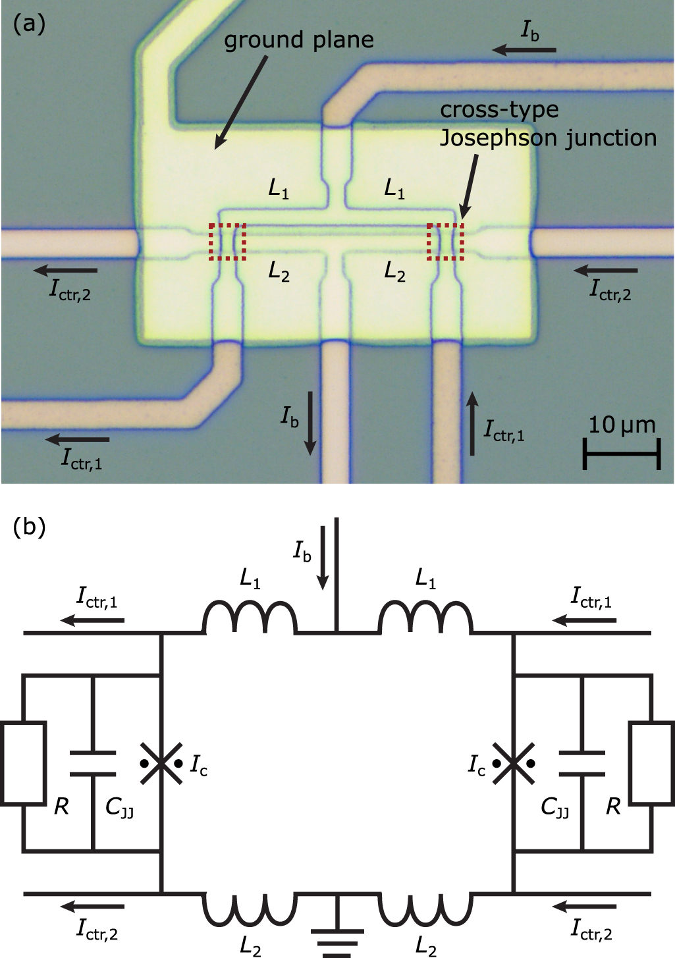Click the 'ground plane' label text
(x=298, y=40)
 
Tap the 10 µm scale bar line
(x=621, y=454)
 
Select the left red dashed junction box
(x=227, y=242)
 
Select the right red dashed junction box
(x=445, y=242)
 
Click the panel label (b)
(x=29, y=527)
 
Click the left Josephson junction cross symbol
(x=161, y=764)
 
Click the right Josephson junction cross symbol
(x=513, y=764)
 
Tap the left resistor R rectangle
(x=23, y=763)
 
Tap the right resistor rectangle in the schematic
(x=651, y=763)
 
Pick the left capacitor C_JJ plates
(x=93, y=763)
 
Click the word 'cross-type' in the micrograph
(x=499, y=110)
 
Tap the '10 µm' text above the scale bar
(x=621, y=425)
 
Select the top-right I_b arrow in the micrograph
(x=524, y=49)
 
